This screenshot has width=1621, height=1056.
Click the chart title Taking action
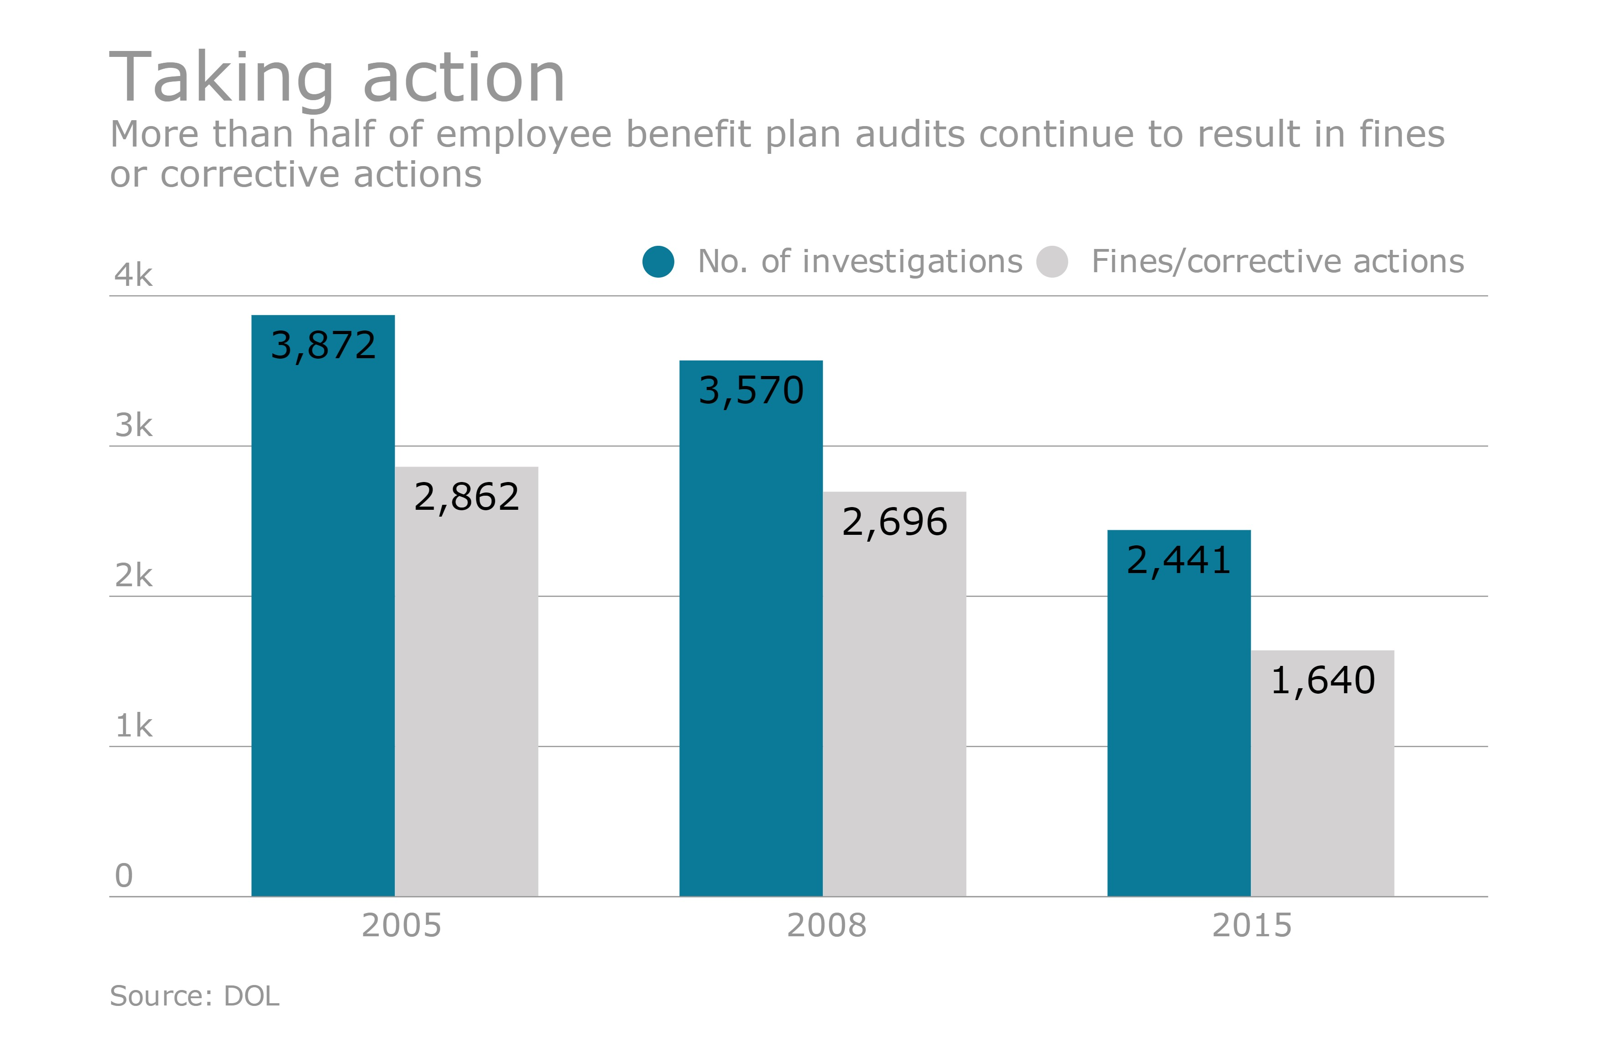(337, 78)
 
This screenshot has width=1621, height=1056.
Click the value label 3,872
(323, 345)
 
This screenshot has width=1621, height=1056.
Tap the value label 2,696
(894, 522)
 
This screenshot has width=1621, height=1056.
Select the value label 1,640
(1323, 680)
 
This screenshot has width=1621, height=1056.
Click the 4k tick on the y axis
(133, 275)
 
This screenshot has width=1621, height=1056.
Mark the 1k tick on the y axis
(133, 726)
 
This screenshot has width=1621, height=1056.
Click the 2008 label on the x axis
(826, 925)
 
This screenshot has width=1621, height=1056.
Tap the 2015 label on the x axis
(1251, 925)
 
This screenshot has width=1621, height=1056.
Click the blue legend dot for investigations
(658, 261)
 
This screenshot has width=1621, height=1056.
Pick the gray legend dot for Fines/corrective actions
(1052, 261)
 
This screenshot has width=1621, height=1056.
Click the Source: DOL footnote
(194, 996)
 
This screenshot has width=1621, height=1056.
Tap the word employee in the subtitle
(523, 134)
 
